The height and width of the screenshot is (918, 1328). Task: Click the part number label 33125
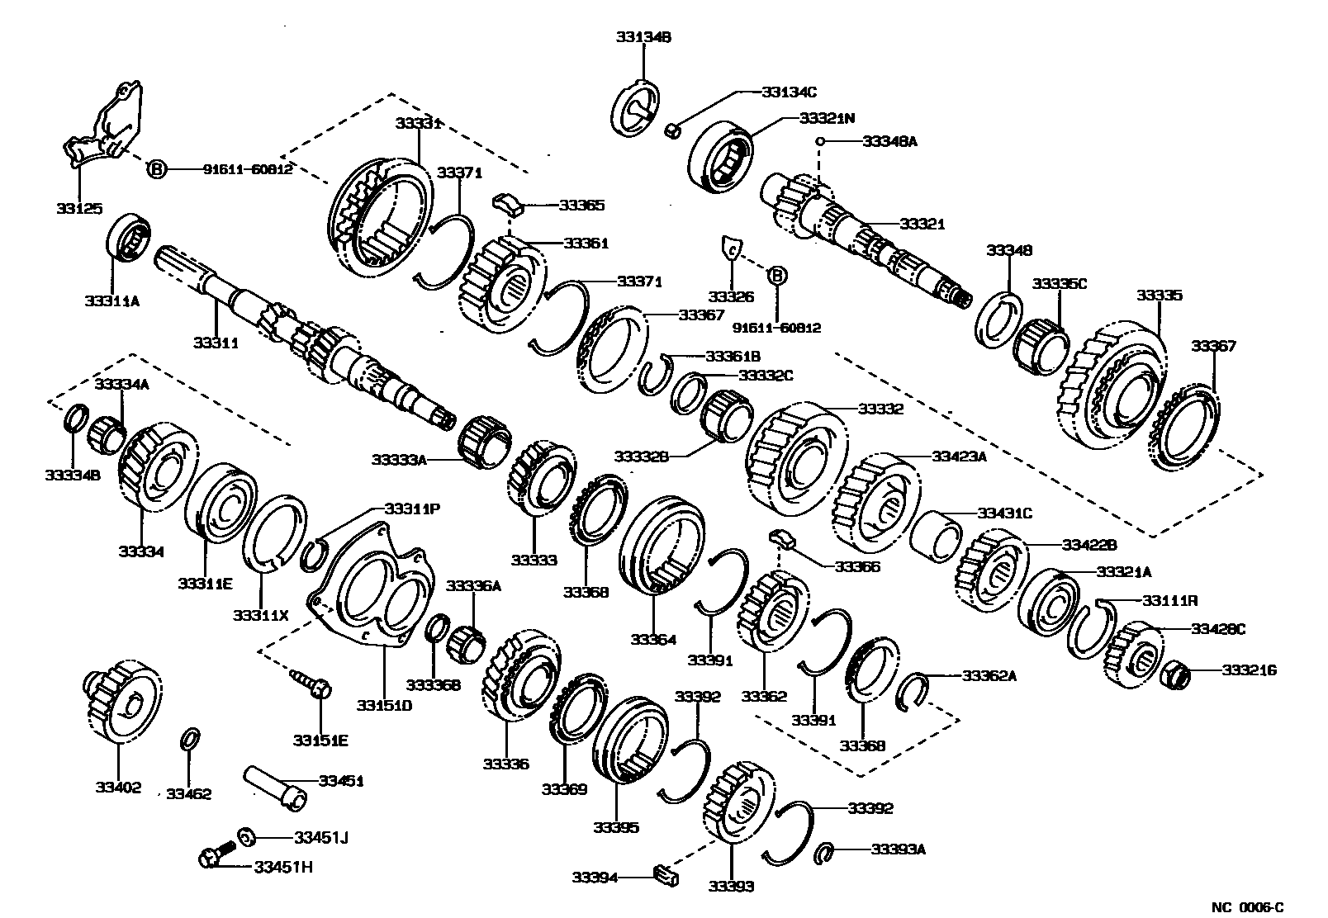[x=79, y=208]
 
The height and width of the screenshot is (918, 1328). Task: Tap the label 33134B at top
[x=643, y=36]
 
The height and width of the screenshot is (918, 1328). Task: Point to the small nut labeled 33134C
[x=672, y=130]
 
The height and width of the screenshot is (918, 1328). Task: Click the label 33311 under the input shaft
[x=216, y=342]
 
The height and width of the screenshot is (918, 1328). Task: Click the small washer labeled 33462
[x=189, y=738]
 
